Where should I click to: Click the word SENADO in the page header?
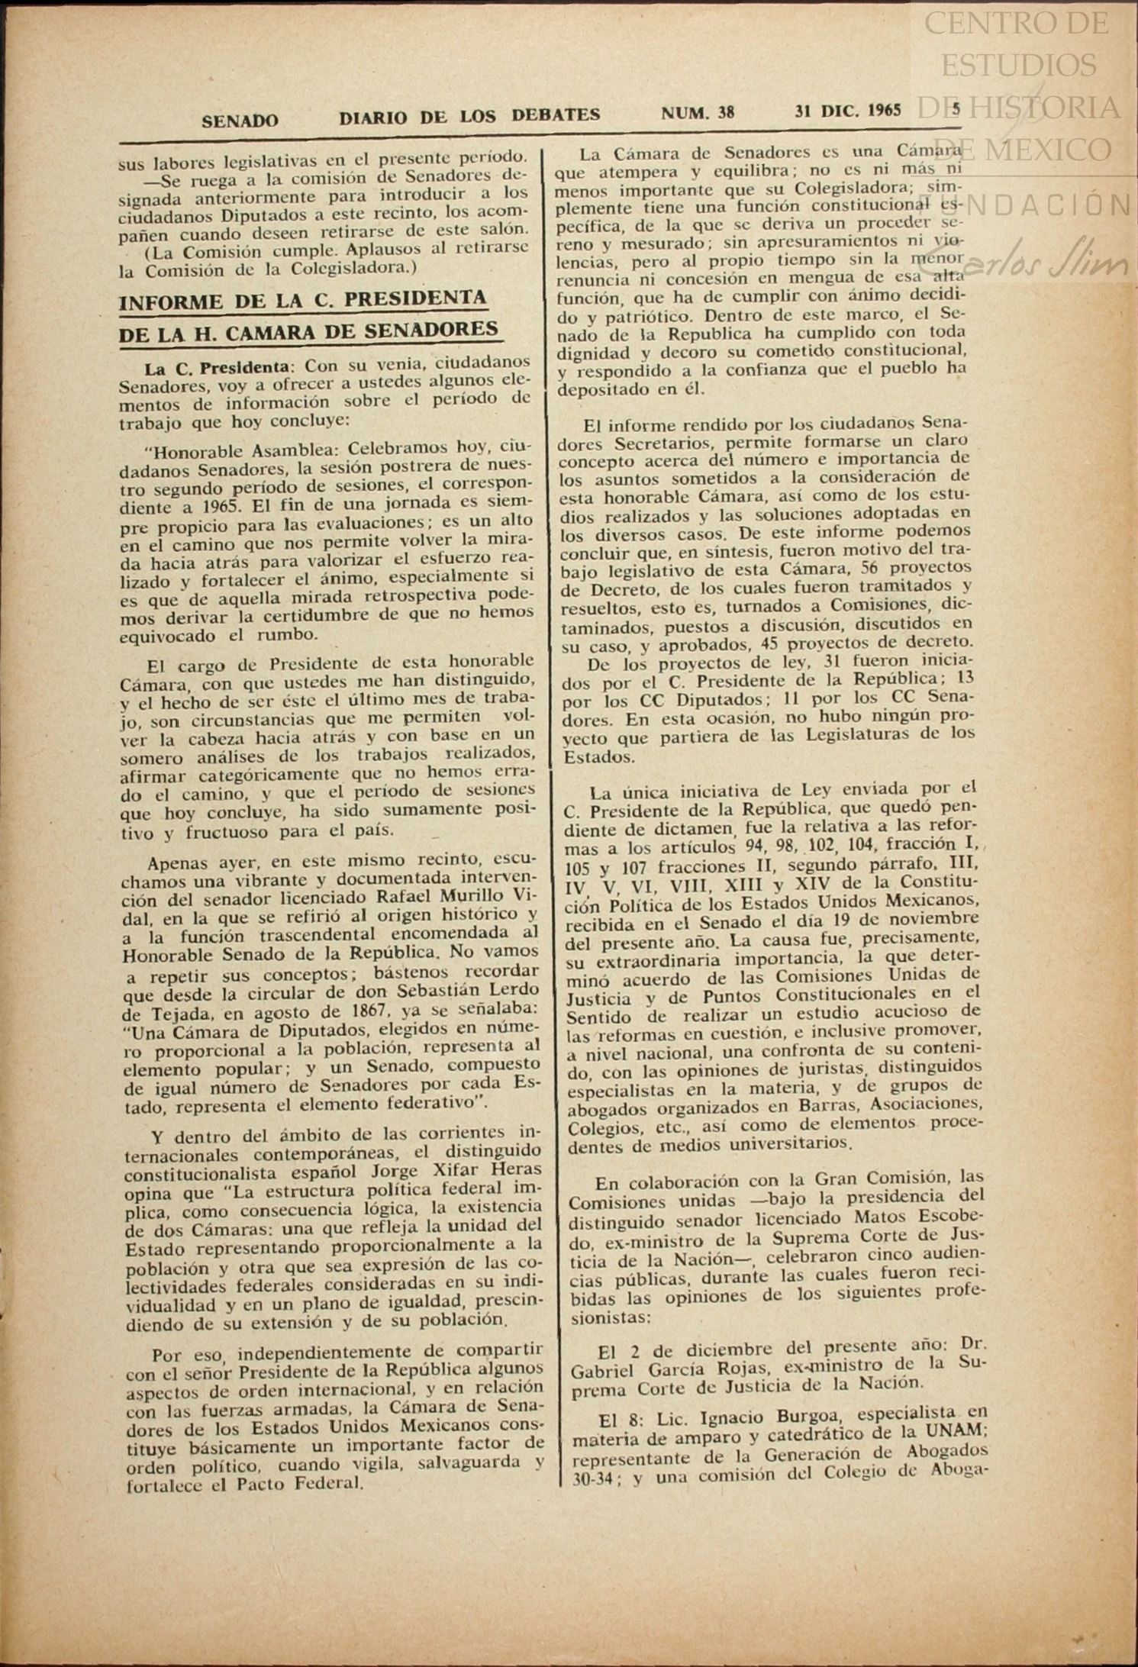pos(240,121)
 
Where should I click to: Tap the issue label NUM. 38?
pos(698,114)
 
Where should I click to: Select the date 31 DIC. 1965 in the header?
pos(847,111)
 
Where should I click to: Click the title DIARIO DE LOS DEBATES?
pos(469,116)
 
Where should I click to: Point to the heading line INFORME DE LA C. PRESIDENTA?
pos(303,300)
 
